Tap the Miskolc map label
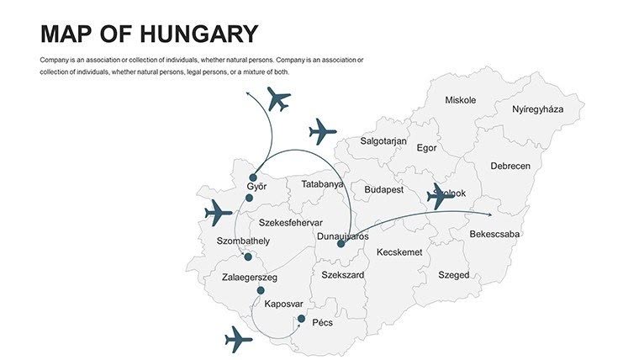click(460, 100)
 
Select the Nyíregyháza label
click(537, 109)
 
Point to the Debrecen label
click(510, 166)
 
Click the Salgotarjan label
click(383, 141)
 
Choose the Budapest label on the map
click(384, 189)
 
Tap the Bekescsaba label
click(494, 234)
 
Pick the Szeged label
click(453, 275)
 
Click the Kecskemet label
click(399, 252)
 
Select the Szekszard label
click(342, 275)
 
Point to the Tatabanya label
click(323, 183)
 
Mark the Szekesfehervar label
click(290, 223)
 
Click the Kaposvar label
click(283, 304)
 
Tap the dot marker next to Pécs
click(301, 318)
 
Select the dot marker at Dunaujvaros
click(341, 244)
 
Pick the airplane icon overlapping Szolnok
click(439, 196)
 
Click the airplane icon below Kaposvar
click(239, 340)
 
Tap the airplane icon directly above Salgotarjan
click(322, 131)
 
